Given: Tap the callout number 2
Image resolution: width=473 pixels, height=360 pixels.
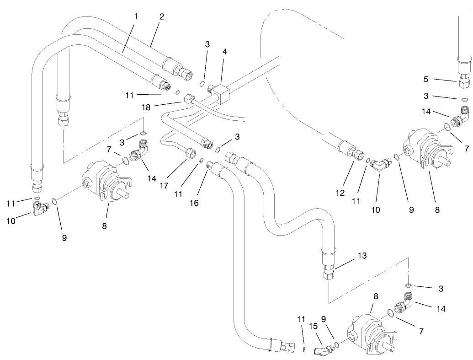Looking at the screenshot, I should click(x=161, y=16).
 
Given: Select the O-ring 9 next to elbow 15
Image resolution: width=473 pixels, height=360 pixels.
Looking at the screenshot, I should click(x=336, y=344).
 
